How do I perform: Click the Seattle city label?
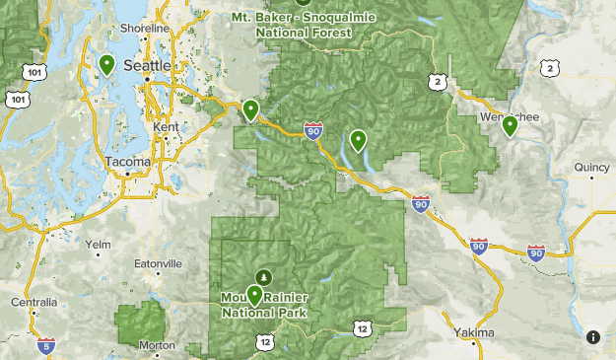[148, 65]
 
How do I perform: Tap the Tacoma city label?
[129, 161]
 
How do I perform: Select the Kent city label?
[166, 127]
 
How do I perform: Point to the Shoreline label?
[145, 29]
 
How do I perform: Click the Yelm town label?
[99, 244]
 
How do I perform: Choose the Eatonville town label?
[158, 264]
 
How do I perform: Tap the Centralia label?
[34, 301]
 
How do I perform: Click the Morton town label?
[157, 345]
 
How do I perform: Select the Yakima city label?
[475, 332]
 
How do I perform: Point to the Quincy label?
[591, 168]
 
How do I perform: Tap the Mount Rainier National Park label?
[264, 305]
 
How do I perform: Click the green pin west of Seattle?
[106, 65]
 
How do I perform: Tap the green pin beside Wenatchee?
[510, 126]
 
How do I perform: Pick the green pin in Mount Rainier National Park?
[254, 294]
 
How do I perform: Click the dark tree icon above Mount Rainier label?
[263, 276]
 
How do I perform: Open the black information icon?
[593, 337]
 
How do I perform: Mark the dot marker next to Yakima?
[475, 345]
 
